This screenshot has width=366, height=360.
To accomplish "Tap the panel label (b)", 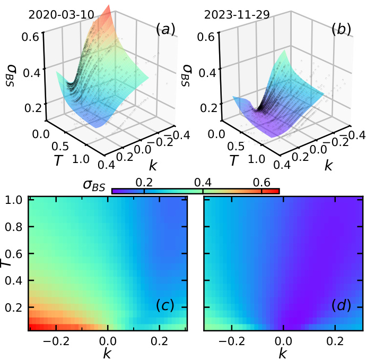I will (340, 29).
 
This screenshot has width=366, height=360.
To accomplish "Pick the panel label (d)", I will (341, 306).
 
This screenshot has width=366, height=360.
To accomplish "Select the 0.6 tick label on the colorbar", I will (262, 182).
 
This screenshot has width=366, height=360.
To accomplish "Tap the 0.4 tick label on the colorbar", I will (203, 182).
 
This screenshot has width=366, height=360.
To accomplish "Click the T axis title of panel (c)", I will (6, 263).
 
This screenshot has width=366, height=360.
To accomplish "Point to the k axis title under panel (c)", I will (107, 352).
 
